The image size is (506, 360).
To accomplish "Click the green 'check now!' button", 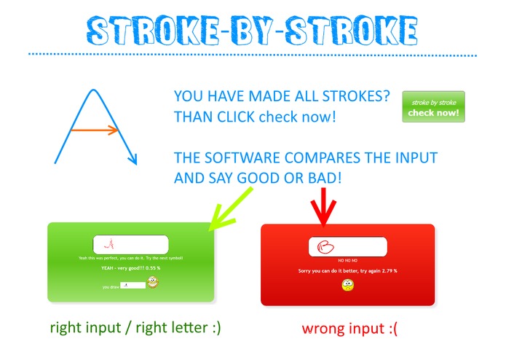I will tap(433, 107).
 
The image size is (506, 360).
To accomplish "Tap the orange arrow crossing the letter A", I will tap(95, 131).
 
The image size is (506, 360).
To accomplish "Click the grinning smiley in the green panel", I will tap(153, 283).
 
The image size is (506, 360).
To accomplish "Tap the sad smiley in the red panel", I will tap(348, 286).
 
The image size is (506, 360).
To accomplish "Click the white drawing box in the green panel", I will tap(131, 244).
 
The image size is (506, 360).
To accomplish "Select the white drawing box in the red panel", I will tap(347, 247).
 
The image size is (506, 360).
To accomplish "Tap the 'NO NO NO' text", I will tap(347, 260).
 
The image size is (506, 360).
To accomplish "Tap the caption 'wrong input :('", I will tap(347, 329).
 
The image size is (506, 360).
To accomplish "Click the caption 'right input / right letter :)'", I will tap(135, 328).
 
